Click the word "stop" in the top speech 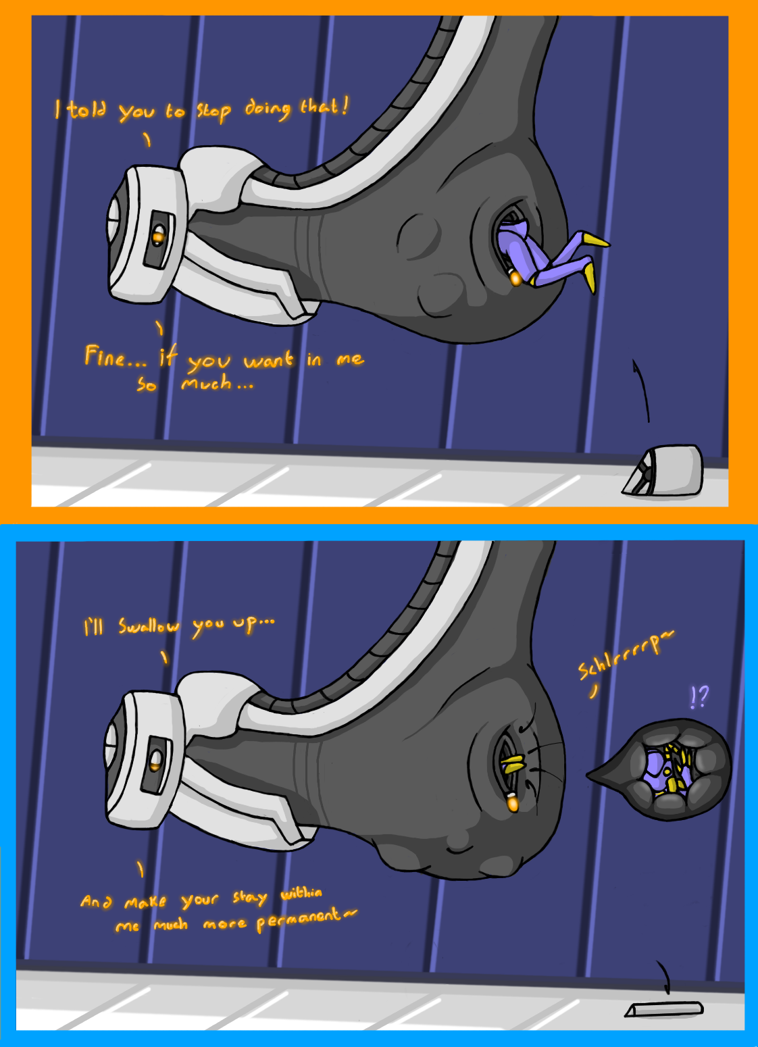coord(213,111)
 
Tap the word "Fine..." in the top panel coord(115,356)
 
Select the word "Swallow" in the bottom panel coord(149,627)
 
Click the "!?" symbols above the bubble coord(699,696)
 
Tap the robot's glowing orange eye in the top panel coord(159,236)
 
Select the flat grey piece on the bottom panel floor coord(664,1009)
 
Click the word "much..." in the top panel coord(216,384)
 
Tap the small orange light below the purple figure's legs coord(515,278)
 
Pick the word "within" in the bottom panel coord(301,893)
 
